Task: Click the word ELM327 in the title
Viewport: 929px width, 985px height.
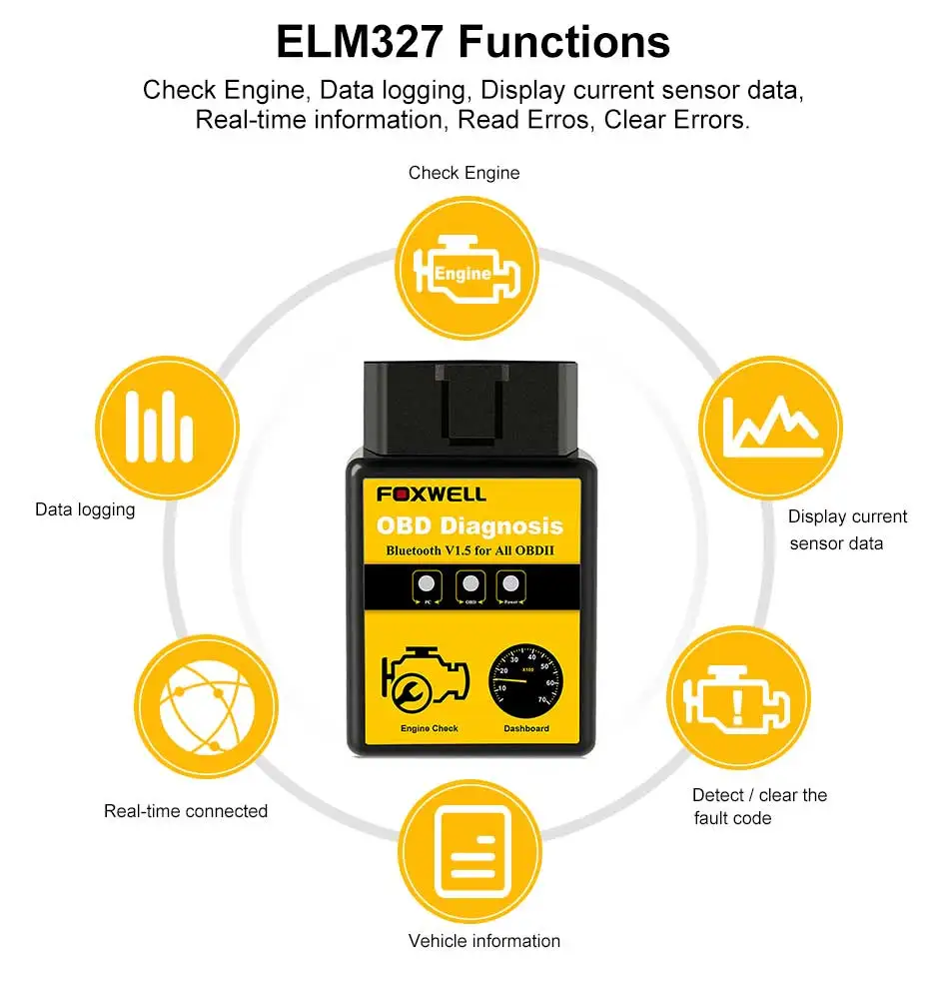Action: click(359, 42)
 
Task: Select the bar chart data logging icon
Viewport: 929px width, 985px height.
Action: click(167, 428)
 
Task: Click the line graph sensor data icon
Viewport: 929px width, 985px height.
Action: click(770, 428)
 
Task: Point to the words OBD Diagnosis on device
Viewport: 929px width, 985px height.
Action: click(468, 525)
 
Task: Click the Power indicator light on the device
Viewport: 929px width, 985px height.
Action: click(511, 583)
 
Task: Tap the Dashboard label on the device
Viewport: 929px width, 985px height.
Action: click(525, 729)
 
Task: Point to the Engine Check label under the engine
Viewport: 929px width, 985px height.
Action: click(429, 729)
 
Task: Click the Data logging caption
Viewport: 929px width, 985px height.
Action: click(85, 509)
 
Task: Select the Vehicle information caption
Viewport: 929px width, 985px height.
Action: click(484, 941)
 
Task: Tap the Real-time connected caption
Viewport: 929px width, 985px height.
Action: click(186, 811)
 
